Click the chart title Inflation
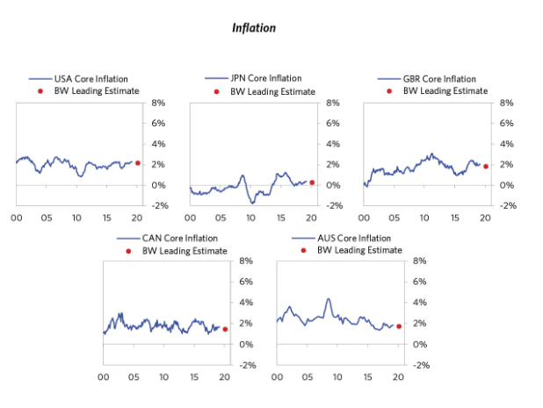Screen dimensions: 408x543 [253, 28]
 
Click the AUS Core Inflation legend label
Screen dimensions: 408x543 [354, 238]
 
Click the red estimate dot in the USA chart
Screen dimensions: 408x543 [138, 163]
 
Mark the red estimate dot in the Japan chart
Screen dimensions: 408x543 [312, 183]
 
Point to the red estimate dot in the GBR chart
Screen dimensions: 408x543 [485, 166]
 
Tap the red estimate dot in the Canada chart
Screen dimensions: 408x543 [225, 329]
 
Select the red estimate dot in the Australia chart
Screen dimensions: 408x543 [399, 326]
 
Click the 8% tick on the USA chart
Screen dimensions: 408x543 [158, 103]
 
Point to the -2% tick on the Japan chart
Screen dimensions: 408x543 [331, 205]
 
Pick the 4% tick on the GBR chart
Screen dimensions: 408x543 [505, 144]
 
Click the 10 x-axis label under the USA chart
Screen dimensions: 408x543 [76, 217]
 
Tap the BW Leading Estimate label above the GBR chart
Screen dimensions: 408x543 [445, 90]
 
